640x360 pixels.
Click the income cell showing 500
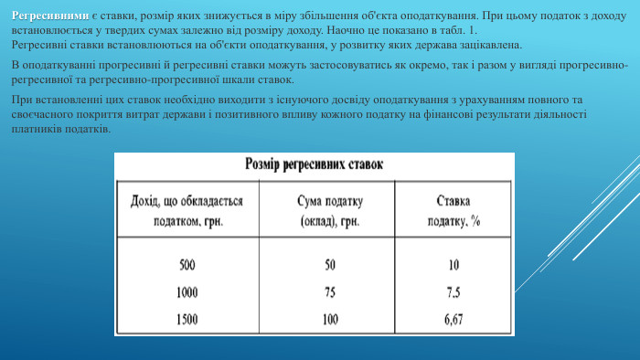pyautogui.click(x=188, y=266)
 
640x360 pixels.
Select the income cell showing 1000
pyautogui.click(x=188, y=292)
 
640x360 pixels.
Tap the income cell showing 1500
pyautogui.click(x=188, y=319)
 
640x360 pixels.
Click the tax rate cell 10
pyautogui.click(x=453, y=266)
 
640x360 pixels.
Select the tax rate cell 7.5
pyautogui.click(x=453, y=292)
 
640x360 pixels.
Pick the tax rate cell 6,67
pyautogui.click(x=453, y=319)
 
